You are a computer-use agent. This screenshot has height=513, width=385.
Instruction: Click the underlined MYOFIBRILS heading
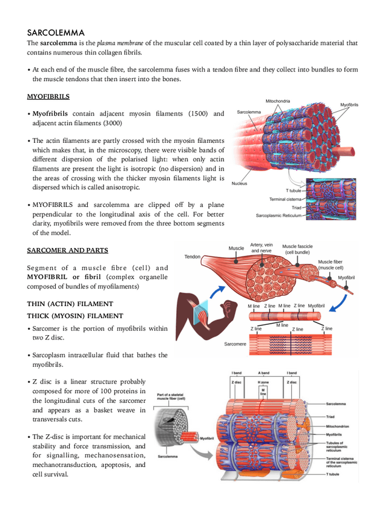(48, 96)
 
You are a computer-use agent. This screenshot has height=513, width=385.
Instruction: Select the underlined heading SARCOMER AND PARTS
(67, 249)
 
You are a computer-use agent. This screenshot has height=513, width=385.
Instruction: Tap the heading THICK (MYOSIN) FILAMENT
(75, 316)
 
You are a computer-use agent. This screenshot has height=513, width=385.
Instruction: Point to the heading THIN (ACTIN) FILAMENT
(70, 303)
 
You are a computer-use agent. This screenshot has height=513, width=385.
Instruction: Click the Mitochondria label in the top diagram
(277, 101)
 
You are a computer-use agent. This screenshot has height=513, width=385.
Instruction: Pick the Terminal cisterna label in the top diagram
(285, 199)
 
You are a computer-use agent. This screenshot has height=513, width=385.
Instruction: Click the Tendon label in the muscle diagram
(192, 256)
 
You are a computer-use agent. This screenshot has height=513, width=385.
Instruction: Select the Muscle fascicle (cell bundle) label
(298, 249)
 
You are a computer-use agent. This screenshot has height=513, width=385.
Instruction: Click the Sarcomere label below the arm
(235, 344)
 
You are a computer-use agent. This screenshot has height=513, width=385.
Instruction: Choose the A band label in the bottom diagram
(263, 373)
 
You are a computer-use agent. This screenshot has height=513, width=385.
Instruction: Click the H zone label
(263, 382)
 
